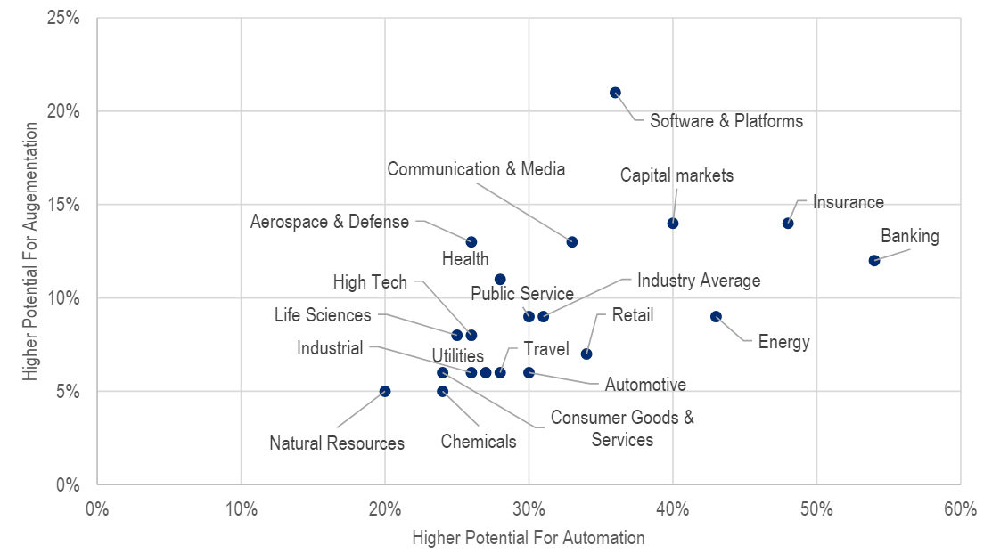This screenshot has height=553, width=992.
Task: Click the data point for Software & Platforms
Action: pos(615,93)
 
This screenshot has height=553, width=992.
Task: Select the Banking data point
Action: pos(874,261)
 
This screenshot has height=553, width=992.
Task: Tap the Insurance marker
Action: pos(788,224)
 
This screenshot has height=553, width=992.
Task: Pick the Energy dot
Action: pos(716,316)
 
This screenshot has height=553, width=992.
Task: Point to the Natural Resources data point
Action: pos(385,391)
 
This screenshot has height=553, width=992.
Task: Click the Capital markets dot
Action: pos(673,224)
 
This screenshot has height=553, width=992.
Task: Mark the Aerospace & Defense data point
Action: pos(471,242)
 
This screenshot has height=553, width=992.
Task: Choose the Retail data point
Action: pos(586,354)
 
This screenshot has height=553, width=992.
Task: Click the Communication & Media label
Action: pos(476,169)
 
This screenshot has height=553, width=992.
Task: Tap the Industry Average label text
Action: pos(699,281)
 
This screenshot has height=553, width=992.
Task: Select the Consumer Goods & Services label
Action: pos(622,428)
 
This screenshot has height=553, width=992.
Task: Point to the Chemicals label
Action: pos(479,442)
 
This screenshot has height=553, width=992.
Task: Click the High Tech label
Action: pos(370,282)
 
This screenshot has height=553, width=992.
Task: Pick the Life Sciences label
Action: pos(323,315)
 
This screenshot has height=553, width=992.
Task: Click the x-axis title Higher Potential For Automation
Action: pos(529,538)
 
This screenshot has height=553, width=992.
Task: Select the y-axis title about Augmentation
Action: pos(32,251)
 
